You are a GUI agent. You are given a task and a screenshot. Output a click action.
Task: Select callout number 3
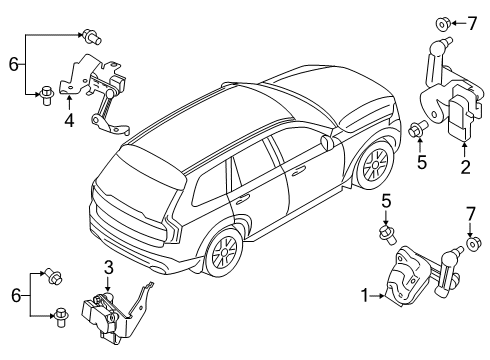tap(108, 265)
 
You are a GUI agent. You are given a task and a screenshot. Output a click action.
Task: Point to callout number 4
tap(69, 121)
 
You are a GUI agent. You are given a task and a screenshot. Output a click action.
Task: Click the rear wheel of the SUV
tap(222, 256)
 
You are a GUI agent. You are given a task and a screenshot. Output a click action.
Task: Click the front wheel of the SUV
tap(375, 167)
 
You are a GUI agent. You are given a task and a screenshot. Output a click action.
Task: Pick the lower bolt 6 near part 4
tap(46, 95)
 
